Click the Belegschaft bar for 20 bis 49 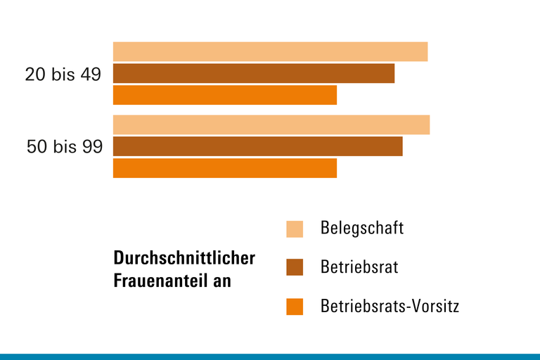pyautogui.click(x=270, y=51)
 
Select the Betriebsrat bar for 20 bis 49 pyautogui.click(x=254, y=73)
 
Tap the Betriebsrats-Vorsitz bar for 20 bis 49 pyautogui.click(x=225, y=95)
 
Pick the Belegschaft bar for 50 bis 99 pyautogui.click(x=271, y=124)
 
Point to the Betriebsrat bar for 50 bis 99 pyautogui.click(x=257, y=146)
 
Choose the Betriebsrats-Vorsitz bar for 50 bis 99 pyautogui.click(x=225, y=168)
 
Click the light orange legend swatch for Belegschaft pyautogui.click(x=295, y=229)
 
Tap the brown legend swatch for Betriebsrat pyautogui.click(x=295, y=268)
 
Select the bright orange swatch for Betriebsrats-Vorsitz pyautogui.click(x=295, y=307)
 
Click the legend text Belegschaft pyautogui.click(x=362, y=229)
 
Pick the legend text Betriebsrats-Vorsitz pyautogui.click(x=390, y=307)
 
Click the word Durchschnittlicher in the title pyautogui.click(x=184, y=258)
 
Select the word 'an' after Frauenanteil pyautogui.click(x=224, y=281)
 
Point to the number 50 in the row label pyautogui.click(x=37, y=147)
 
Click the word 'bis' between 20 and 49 pyautogui.click(x=63, y=74)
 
